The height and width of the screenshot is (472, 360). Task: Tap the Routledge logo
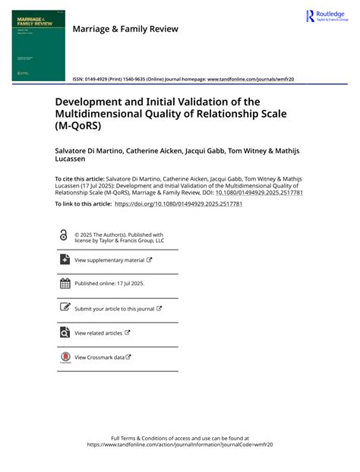click(327, 17)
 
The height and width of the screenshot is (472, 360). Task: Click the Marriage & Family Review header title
click(125, 29)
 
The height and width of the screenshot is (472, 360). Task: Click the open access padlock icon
click(63, 236)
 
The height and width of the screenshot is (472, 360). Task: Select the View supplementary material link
click(109, 260)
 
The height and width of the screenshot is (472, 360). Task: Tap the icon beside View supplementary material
click(64, 260)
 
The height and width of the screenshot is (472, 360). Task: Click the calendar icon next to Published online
click(64, 284)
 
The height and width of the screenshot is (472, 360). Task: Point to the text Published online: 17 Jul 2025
click(109, 284)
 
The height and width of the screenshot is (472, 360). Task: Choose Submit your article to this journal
click(114, 309)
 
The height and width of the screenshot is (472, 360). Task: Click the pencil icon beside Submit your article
click(64, 308)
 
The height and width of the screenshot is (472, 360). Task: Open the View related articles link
click(99, 332)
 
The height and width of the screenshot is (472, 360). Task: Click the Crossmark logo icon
click(64, 357)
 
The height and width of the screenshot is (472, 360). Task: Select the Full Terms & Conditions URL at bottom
click(179, 445)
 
